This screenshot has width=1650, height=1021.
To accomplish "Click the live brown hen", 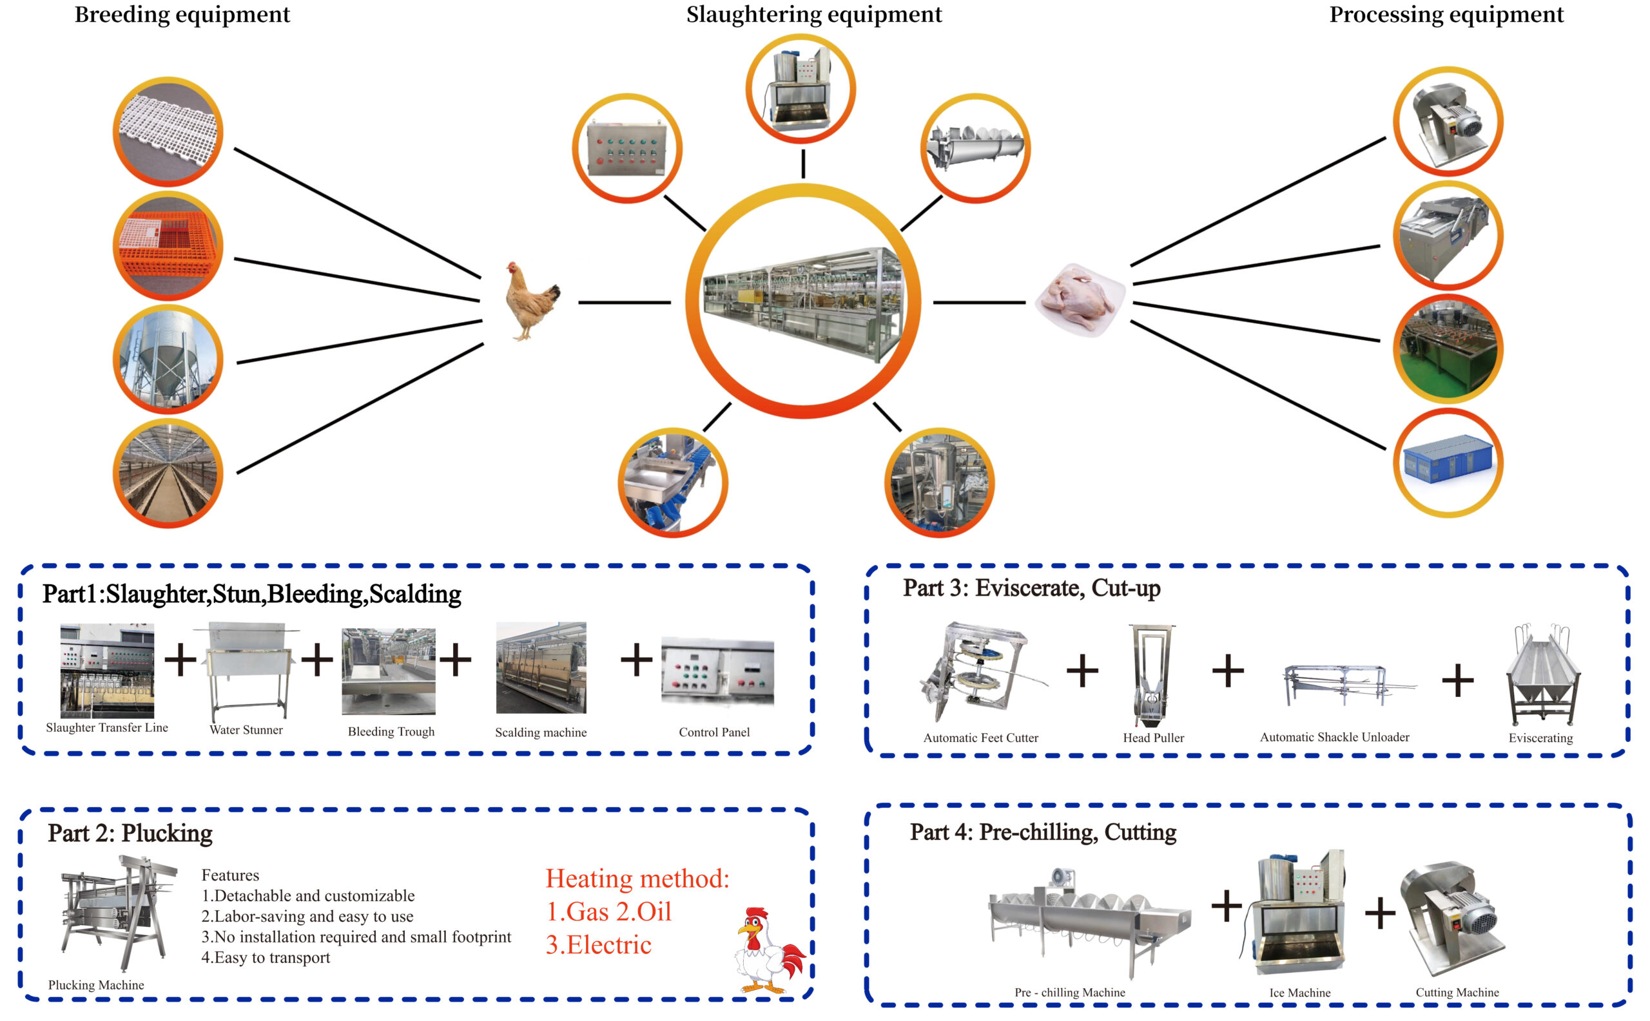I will [531, 301].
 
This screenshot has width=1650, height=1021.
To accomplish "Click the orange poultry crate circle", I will [168, 247].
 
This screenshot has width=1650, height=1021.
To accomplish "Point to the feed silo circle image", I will [168, 359].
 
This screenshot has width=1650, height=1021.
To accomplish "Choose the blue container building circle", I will [1448, 463].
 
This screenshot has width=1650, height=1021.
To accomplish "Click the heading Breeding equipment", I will [182, 15].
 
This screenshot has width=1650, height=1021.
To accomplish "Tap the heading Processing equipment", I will [1445, 15].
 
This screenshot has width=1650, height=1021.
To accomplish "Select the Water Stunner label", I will [246, 730].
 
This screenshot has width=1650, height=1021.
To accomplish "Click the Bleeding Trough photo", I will [389, 671].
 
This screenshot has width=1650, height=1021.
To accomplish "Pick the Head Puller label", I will [1152, 738].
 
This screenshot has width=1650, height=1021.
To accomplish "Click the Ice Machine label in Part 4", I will [1299, 993].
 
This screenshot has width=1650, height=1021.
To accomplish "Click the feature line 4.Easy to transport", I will [266, 957].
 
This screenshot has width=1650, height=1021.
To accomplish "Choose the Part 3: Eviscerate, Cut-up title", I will [1031, 588].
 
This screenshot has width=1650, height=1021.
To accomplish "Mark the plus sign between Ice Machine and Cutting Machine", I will [1380, 912].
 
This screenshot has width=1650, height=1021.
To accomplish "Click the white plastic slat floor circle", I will [168, 131].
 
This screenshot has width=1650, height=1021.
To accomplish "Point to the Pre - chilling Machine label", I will [1069, 993].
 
